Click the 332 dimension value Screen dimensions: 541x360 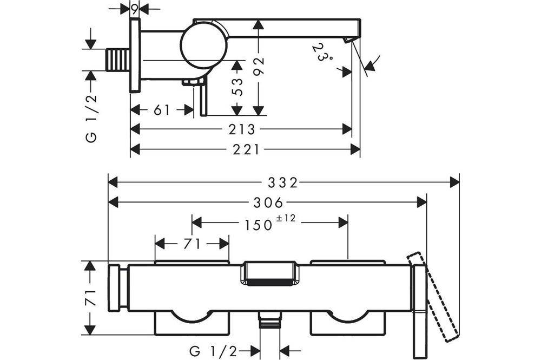tap(282, 182)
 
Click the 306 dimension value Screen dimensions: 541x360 tap(268, 203)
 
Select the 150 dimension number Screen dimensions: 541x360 tap(259, 225)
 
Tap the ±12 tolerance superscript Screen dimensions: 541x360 tap(286, 218)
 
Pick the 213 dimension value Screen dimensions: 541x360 tap(241, 129)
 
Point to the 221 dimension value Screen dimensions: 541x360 tap(246, 149)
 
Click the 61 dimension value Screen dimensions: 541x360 tap(162, 110)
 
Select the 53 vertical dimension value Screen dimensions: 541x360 tap(237, 87)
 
